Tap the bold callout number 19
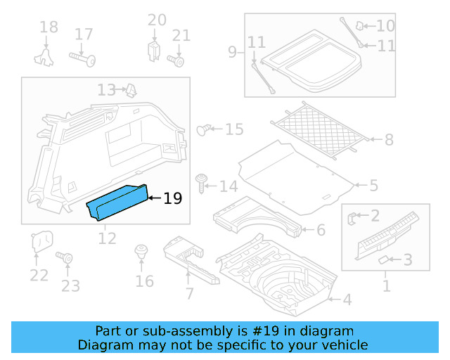tap(172, 199)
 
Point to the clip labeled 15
tap(204, 129)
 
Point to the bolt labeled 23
tap(68, 259)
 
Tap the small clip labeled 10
tap(359, 27)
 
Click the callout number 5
tap(373, 186)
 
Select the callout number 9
tap(233, 51)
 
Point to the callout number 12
tap(107, 238)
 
